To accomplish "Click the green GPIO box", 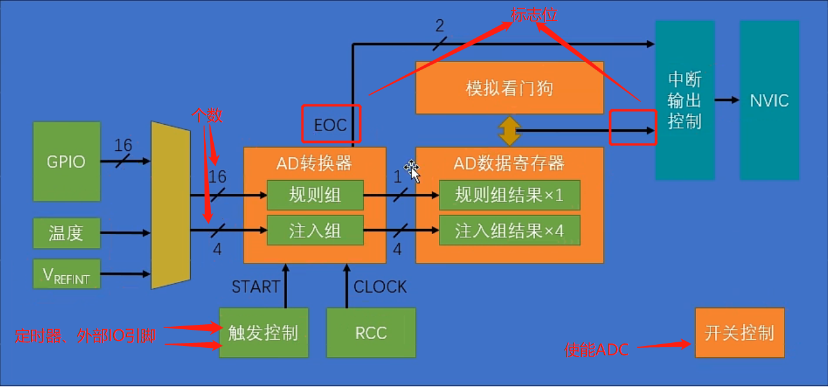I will pos(67,162).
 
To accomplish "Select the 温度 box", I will pos(67,234).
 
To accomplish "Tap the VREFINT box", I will pos(67,274).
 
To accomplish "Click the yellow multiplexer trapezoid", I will pos(170,205).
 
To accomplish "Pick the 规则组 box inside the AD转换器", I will pos(315,195).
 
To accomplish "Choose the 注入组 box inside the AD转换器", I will pos(315,231).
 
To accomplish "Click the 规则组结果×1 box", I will pos(509,195).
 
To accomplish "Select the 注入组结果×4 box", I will pos(509,231).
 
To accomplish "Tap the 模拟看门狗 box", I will pos(509,88).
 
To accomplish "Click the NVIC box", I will pos(769,101).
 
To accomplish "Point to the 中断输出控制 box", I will pos(684,101).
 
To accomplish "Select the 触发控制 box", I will pos(264,333).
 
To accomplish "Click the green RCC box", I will pos(371,333).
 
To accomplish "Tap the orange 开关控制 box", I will pos(739,333).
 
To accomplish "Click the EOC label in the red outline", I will pos(330,125).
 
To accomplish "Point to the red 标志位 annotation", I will pos(534,15).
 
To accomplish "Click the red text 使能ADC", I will pos(596,350).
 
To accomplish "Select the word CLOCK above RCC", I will pos(380,287).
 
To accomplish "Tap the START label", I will pos(255,287).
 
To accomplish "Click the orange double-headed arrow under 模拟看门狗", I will pos(509,130).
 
